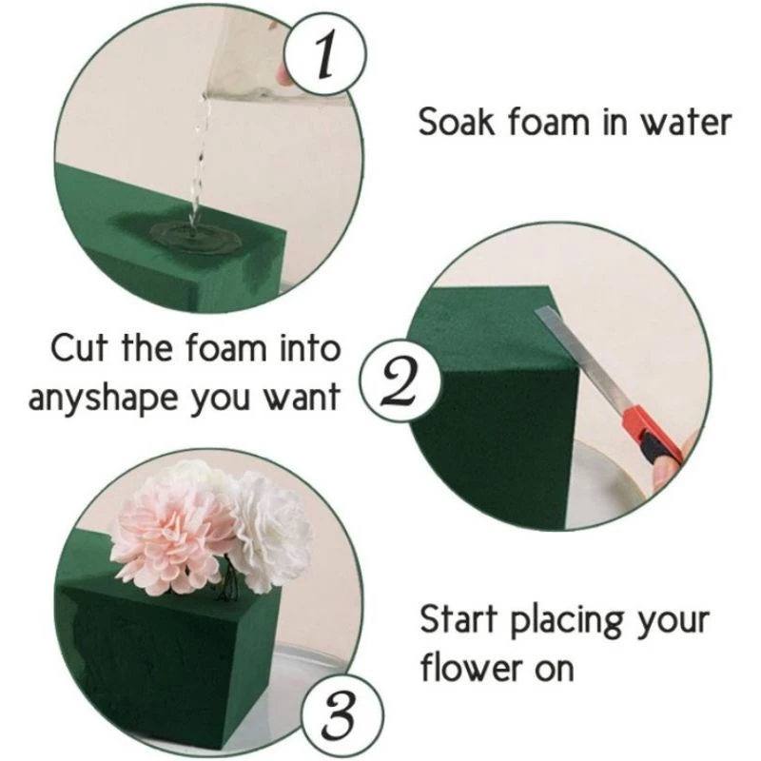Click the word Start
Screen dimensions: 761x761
point(460,620)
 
